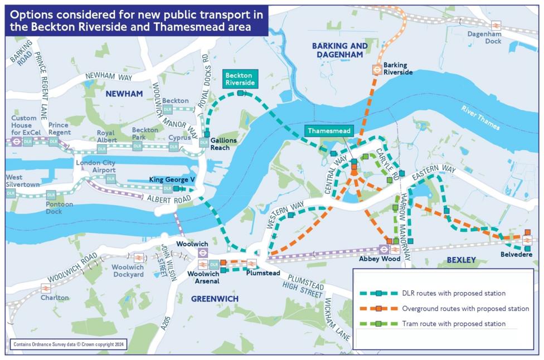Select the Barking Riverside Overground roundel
[377, 70]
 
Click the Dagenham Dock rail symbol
[495, 26]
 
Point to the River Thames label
[480, 117]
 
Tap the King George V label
[171, 179]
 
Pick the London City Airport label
[96, 166]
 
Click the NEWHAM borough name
[124, 94]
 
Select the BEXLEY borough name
[461, 260]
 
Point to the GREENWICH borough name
[215, 299]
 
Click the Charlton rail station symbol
[46, 288]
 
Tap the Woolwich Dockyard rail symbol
[138, 257]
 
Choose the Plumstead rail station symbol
[251, 264]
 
